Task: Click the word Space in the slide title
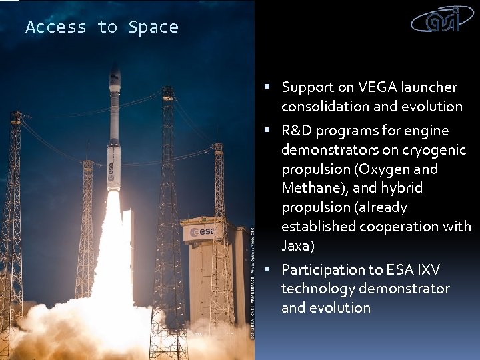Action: click(153, 27)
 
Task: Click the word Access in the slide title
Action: click(56, 27)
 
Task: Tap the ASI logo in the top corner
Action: click(444, 20)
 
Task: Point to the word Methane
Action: click(310, 188)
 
